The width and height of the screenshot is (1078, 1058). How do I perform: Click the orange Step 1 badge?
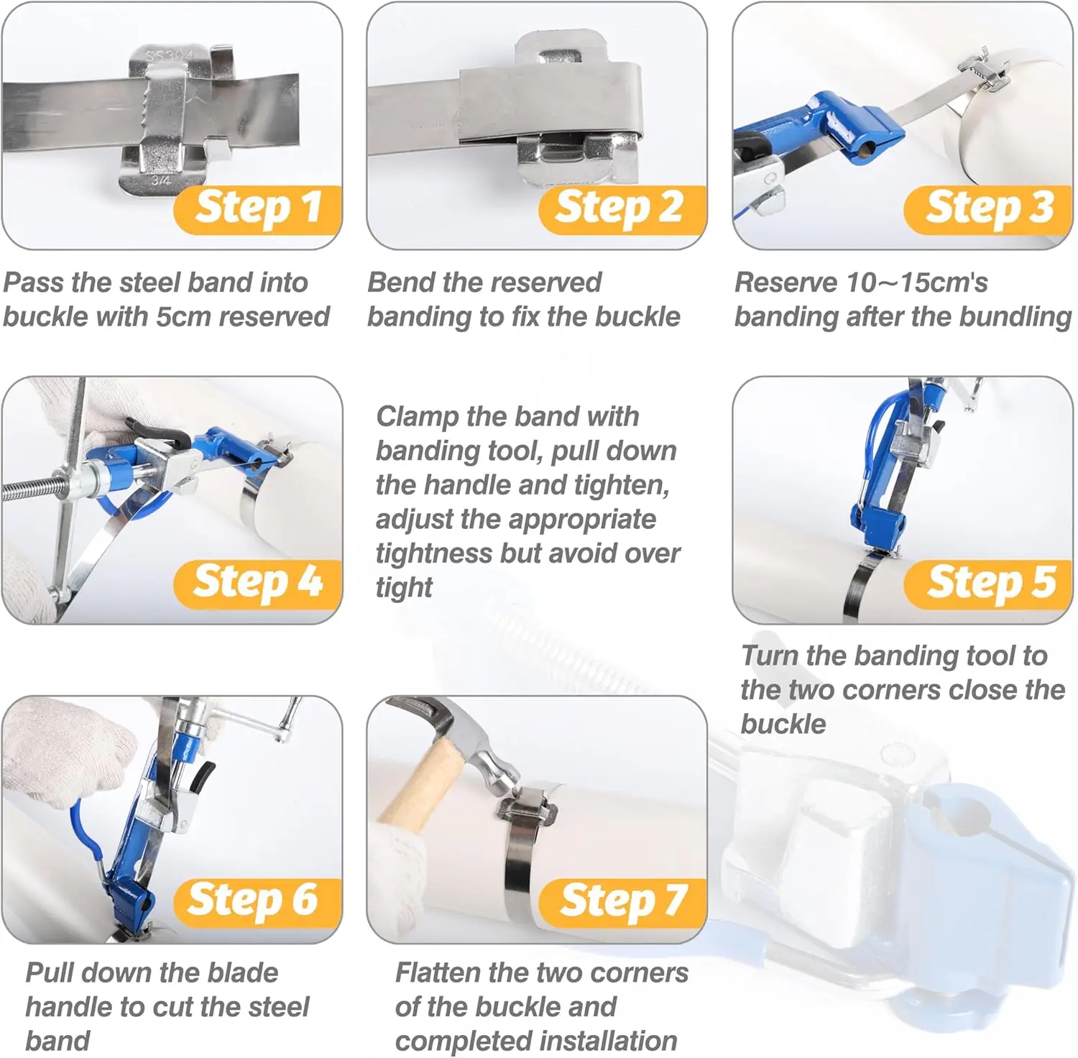pos(258,210)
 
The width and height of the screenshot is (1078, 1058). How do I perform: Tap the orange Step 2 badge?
pos(622,210)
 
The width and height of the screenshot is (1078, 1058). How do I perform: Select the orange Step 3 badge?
pos(988,210)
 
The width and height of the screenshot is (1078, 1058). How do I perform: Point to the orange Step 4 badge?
pos(258,584)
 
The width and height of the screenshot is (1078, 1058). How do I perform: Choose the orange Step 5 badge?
pos(988,584)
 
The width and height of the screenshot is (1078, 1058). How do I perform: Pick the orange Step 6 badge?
pos(258,903)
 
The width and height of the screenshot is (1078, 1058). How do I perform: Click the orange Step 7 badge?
pos(622,903)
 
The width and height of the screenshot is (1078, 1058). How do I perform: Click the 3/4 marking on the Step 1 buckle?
pos(161,180)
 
